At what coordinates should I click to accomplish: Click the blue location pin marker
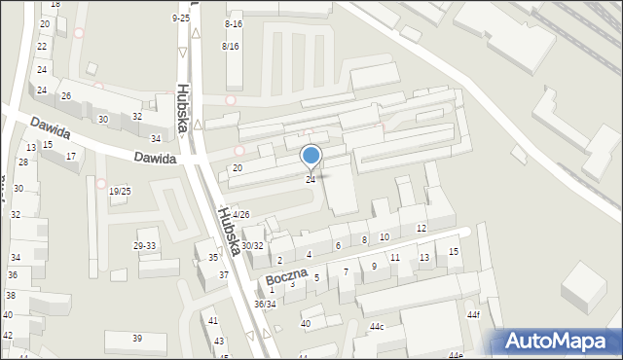311,156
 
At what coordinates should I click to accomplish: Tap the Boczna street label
285,274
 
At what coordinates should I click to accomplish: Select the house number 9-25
180,18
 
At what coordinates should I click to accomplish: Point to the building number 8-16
233,23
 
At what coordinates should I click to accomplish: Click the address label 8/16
231,46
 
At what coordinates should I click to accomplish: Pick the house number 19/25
120,191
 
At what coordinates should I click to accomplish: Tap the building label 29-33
144,246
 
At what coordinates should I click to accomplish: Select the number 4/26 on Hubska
241,214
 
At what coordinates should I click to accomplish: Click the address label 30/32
252,246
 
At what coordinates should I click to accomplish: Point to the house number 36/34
265,304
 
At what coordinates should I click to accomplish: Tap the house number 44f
473,315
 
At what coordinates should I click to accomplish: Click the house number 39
137,338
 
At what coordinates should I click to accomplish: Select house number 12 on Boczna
421,228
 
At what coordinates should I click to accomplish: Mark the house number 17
71,156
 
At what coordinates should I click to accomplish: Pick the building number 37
223,275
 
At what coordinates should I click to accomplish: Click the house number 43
219,341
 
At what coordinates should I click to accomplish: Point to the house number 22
42,46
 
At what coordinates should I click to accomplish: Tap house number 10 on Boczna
385,236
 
